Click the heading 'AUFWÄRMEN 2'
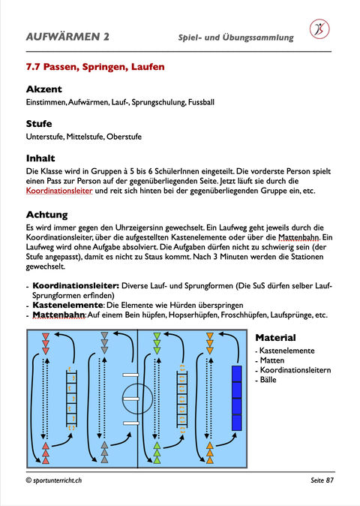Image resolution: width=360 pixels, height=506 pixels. (67, 36)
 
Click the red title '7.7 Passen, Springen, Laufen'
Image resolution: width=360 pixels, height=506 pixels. (94, 67)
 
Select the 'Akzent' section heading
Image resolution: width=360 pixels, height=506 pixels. (43, 89)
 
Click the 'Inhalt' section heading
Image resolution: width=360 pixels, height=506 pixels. (40, 158)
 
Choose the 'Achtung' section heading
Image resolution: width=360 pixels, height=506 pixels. (46, 215)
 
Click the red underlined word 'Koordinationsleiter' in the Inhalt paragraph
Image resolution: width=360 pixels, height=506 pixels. (58, 191)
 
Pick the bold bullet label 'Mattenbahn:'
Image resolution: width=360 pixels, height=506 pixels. (59, 315)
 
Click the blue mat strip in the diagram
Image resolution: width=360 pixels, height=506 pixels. (236, 394)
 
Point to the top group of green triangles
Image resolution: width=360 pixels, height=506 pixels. (157, 341)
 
